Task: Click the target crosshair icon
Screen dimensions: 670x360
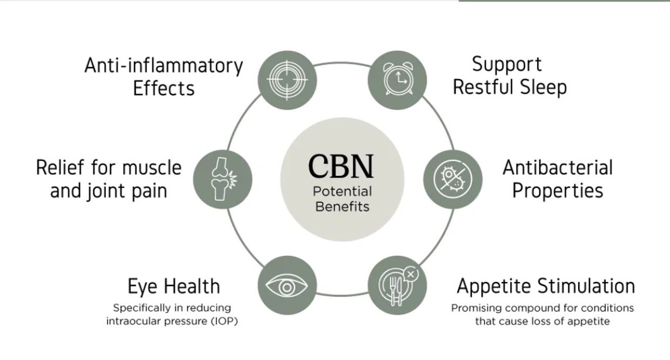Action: click(x=287, y=80)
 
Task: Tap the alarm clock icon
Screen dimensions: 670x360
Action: click(x=398, y=79)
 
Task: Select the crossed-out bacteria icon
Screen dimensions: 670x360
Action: click(x=453, y=179)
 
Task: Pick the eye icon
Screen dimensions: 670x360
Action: click(x=287, y=286)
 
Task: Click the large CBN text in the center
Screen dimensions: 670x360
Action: click(x=341, y=166)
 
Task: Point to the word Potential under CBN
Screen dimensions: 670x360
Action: click(x=342, y=191)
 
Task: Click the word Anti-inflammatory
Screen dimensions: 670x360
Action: click(x=164, y=66)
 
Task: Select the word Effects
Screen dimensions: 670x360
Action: click(x=164, y=89)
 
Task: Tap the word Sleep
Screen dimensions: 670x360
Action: click(x=544, y=87)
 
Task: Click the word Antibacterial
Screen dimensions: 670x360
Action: click(x=558, y=168)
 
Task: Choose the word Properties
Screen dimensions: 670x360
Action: click(x=558, y=191)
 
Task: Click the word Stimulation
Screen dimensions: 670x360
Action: click(x=586, y=286)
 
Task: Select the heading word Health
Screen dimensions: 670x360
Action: click(x=192, y=286)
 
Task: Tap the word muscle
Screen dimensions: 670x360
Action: click(x=152, y=168)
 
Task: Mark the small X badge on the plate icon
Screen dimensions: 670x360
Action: click(x=411, y=274)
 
